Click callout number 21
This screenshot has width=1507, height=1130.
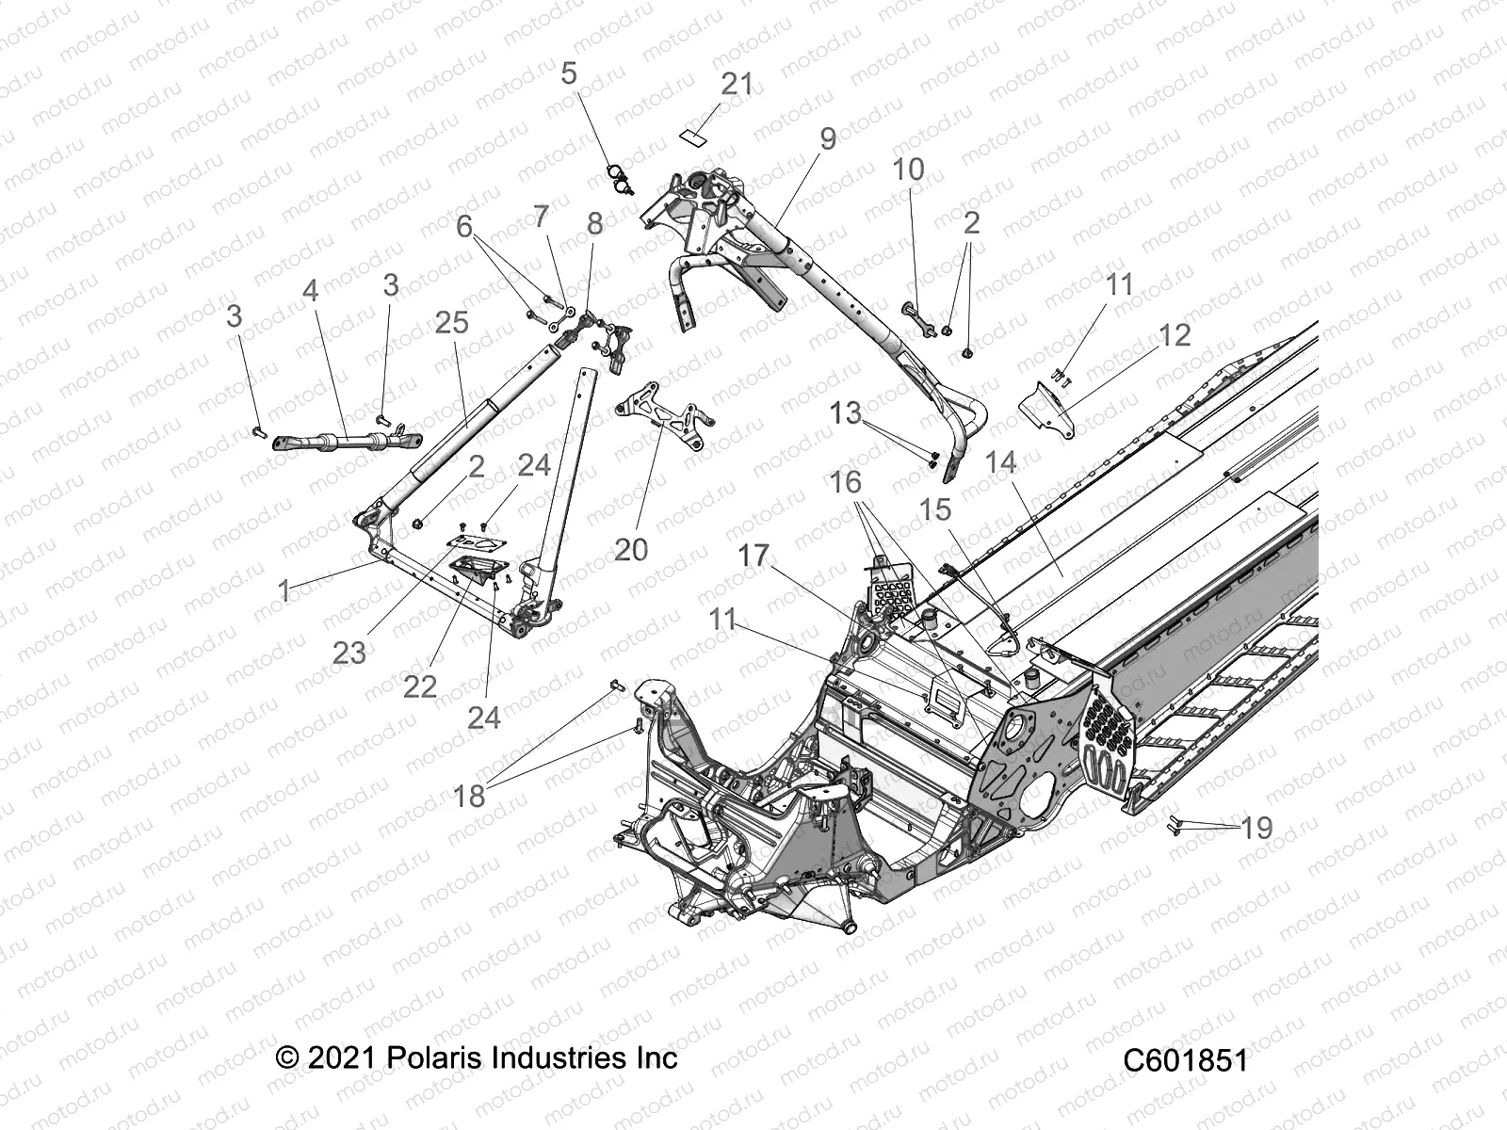(x=737, y=84)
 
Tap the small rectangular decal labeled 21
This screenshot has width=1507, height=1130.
(x=694, y=136)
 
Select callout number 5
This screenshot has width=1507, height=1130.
(x=568, y=73)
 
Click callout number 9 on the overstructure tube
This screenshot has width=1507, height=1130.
(x=827, y=139)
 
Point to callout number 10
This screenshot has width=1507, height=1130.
(x=908, y=169)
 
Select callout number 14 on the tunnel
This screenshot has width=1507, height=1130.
(x=1001, y=461)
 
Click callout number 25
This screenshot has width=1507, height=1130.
(x=452, y=322)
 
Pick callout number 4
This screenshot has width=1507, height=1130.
(x=310, y=291)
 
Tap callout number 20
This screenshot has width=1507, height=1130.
(x=630, y=549)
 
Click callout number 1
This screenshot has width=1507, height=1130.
(x=284, y=590)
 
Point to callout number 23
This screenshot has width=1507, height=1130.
(x=348, y=652)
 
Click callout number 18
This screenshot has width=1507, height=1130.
(x=469, y=796)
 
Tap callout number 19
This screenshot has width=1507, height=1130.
(x=1256, y=828)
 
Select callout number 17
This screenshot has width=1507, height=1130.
(x=753, y=556)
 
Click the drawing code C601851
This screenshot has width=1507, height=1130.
(x=1185, y=1060)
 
